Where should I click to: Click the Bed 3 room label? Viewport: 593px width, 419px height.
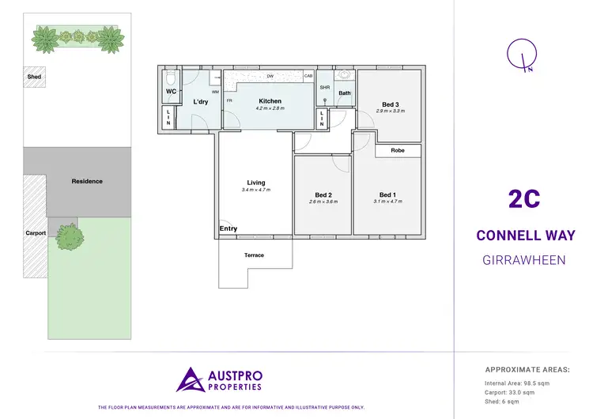(x=390, y=104)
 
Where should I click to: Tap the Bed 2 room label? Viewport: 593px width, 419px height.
(x=323, y=195)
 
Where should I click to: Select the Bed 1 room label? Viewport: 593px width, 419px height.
(x=387, y=195)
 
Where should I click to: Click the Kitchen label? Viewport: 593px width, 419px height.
(x=270, y=101)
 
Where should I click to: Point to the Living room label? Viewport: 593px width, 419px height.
(x=255, y=183)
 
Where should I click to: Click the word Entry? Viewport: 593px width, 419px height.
(x=228, y=229)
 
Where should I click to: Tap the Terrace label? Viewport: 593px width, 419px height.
(x=254, y=255)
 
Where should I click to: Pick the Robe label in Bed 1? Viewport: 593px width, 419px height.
(x=398, y=149)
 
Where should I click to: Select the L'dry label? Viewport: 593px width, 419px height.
(x=200, y=103)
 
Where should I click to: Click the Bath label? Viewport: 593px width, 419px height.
(x=345, y=93)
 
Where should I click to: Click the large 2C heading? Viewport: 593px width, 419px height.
(x=524, y=198)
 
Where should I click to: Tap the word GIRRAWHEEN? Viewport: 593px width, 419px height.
(x=524, y=259)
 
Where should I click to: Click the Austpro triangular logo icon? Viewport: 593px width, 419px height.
(x=190, y=379)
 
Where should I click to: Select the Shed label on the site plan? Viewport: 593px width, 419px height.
(x=34, y=77)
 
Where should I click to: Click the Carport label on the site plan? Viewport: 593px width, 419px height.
(x=36, y=233)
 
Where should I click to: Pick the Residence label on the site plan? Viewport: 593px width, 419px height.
(x=87, y=181)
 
